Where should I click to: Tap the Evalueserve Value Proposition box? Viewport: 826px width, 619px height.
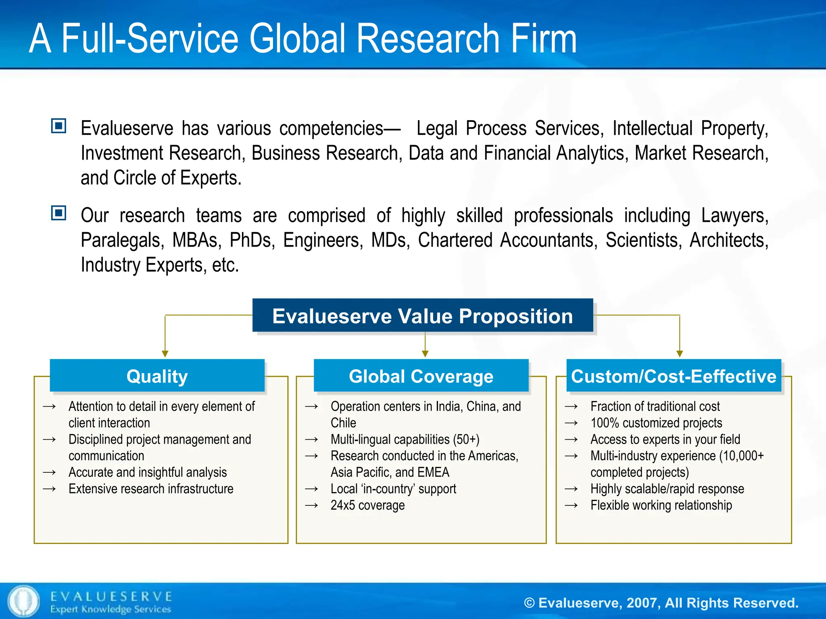click(x=422, y=316)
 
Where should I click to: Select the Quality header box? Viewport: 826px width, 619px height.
click(x=157, y=376)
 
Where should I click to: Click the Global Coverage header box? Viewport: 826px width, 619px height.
click(x=421, y=376)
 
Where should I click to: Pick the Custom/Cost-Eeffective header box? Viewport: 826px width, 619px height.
click(x=673, y=376)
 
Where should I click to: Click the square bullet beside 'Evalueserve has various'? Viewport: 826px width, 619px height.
click(x=59, y=126)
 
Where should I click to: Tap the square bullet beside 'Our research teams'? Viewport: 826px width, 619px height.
click(x=59, y=213)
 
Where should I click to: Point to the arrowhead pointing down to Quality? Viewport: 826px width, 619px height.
click(x=165, y=353)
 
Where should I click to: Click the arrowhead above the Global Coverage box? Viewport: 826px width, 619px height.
click(x=425, y=353)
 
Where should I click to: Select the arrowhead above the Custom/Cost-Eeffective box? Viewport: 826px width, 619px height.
click(x=680, y=353)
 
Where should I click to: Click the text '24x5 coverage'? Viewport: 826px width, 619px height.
click(x=367, y=505)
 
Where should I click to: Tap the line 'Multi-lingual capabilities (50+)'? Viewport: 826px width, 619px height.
click(x=405, y=439)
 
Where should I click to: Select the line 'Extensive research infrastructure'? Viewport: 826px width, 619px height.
click(x=151, y=488)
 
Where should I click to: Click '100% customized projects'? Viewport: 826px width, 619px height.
click(x=656, y=423)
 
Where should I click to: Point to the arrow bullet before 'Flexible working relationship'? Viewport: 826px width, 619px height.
click(x=571, y=505)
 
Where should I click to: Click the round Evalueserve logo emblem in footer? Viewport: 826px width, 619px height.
click(x=24, y=601)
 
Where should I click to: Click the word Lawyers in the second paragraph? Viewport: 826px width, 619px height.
click(x=734, y=215)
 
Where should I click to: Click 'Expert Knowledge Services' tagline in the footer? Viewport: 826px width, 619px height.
click(x=111, y=609)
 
